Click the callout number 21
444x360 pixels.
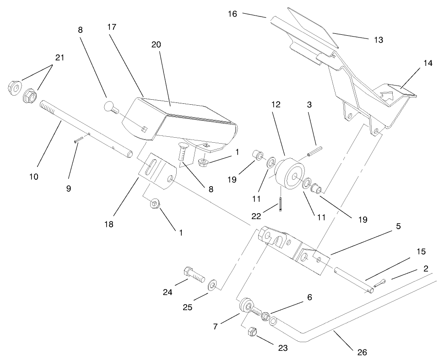[x=60, y=58]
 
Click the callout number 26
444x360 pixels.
[x=362, y=353]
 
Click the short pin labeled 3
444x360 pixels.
[x=315, y=151]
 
